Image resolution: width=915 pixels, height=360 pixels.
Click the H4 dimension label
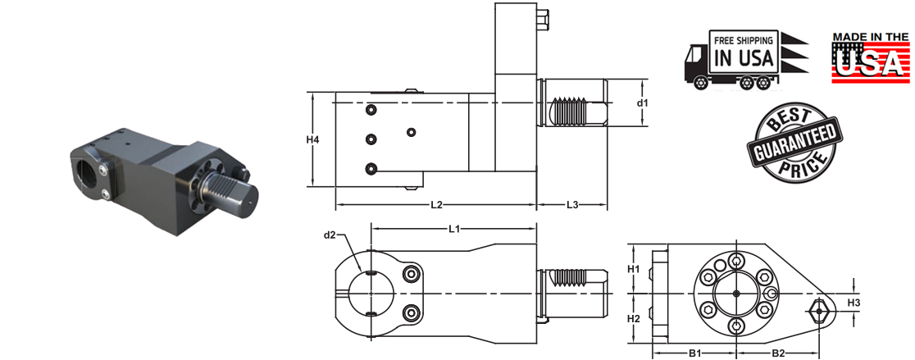312,139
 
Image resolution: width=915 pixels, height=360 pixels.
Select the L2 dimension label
435,204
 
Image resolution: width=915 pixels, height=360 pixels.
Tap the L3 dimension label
571,204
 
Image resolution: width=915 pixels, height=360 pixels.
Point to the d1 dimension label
642,103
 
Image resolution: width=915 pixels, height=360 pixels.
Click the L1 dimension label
453,227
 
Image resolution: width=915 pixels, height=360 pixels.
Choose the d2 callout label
330,236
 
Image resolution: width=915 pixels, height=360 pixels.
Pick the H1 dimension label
633,269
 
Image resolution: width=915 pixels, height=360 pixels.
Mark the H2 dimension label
633,317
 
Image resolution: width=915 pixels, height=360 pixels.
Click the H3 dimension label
854,303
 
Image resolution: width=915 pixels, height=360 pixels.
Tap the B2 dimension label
778,353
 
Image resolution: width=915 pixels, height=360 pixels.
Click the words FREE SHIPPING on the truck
744,39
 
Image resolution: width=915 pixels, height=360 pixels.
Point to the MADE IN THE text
872,37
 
